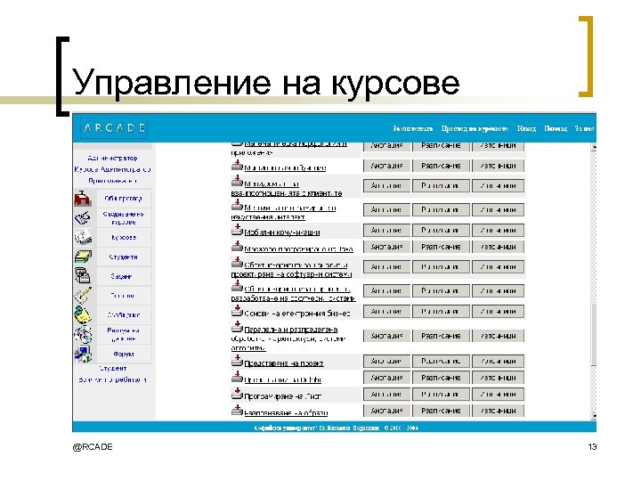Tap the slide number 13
[x=592, y=445]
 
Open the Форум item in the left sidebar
[x=124, y=353]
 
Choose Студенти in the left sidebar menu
[x=124, y=257]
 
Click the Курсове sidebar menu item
[x=124, y=238]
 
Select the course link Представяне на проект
[x=283, y=363]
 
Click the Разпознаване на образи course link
[x=285, y=412]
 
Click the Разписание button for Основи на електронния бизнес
[x=441, y=312]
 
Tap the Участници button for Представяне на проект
[x=495, y=361]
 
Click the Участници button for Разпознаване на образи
[x=495, y=411]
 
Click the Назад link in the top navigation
[x=526, y=128]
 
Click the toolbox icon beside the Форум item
[x=83, y=354]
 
